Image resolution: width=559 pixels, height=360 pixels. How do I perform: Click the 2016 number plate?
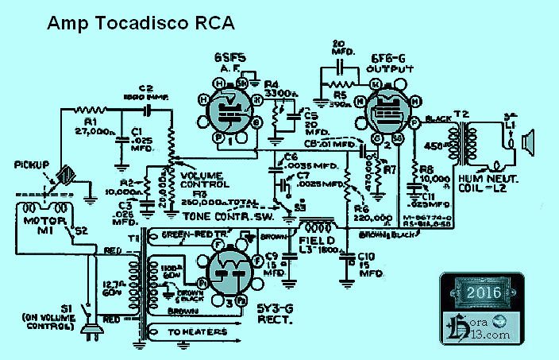tap(484, 292)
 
